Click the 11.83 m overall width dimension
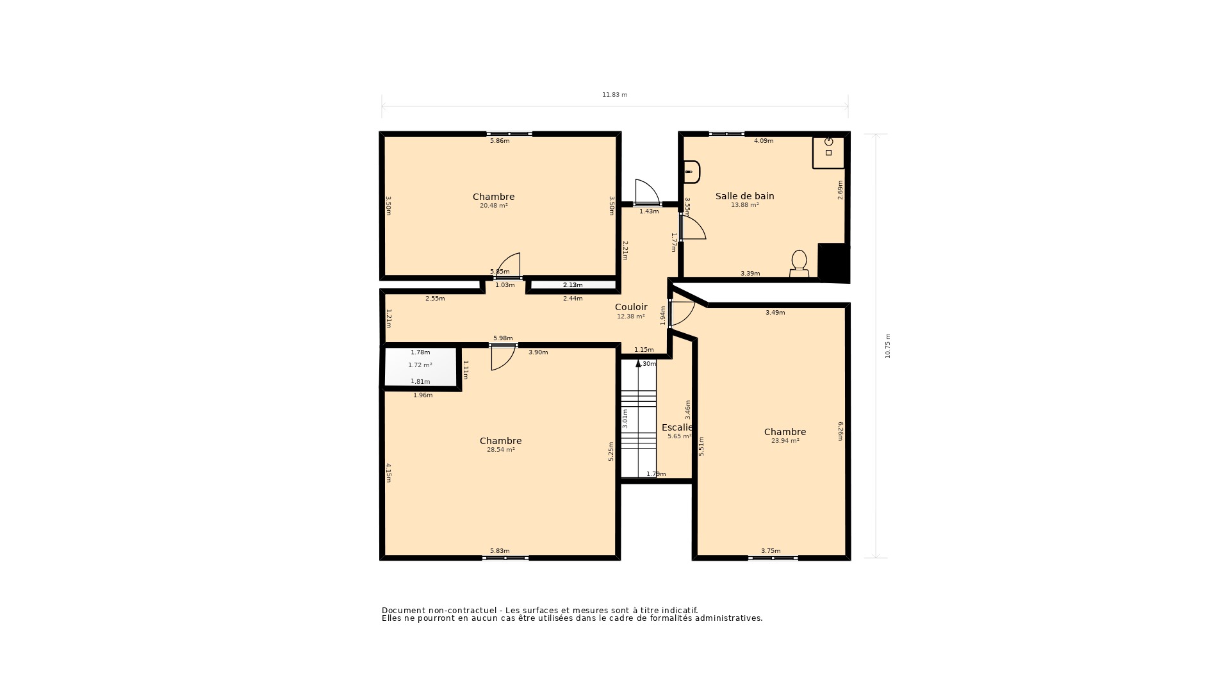pos(614,95)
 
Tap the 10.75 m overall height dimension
pos(888,346)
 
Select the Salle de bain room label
pos(744,196)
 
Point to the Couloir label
pos(631,307)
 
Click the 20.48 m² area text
pos(493,206)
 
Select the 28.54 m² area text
pos(500,450)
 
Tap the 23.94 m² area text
pos(785,441)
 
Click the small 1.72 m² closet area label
pos(420,365)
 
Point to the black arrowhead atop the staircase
pos(638,363)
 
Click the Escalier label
pos(677,427)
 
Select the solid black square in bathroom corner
pos(833,262)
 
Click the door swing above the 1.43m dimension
pos(646,192)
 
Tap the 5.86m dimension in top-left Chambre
pos(500,141)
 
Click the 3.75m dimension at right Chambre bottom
pos(771,551)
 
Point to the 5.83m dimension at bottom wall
pos(500,551)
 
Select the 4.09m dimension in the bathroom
pos(763,141)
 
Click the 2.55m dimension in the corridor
pos(435,299)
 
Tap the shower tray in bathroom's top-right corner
pos(828,152)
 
